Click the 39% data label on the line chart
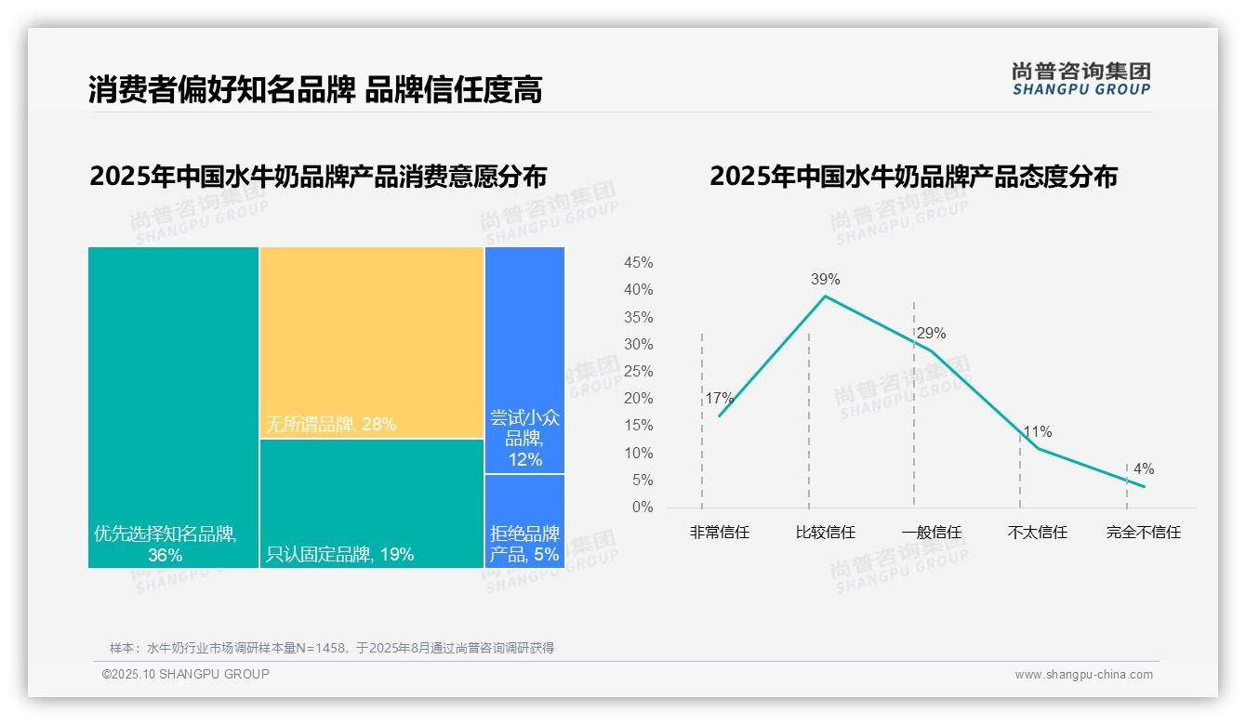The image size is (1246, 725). coord(825,279)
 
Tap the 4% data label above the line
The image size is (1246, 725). coord(1143,469)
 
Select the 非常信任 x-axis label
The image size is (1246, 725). coord(719,533)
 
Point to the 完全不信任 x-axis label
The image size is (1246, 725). coord(1143,533)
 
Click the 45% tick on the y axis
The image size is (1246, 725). coord(638,263)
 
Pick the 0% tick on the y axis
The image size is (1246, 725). coord(643,507)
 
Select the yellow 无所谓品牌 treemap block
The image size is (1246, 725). coord(372,342)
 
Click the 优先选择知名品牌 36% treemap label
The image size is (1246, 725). coord(166,545)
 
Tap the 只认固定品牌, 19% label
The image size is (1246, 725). coord(340,555)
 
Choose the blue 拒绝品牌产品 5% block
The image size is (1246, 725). coord(524,521)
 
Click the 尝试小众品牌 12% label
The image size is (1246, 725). coord(524,439)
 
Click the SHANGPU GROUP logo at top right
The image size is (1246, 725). coord(1080,79)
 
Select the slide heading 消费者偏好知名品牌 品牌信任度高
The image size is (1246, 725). coord(315,89)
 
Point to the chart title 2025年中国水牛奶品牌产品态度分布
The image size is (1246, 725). coord(913,177)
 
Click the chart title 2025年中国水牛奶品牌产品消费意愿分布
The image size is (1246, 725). coord(318,177)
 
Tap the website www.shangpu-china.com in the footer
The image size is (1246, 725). coord(1083,675)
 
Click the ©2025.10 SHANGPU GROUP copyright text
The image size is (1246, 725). coord(186,674)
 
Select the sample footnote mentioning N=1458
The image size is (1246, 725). coord(332,648)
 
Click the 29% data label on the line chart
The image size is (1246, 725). coord(931,334)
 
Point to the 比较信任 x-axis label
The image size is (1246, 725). coord(825,533)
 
